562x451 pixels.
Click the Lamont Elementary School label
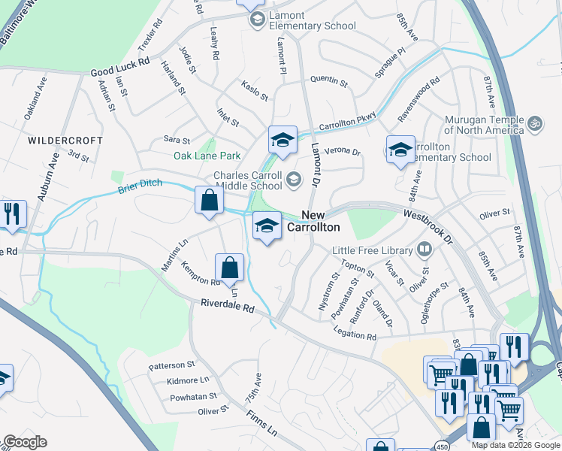click(309, 21)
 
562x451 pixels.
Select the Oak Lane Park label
click(207, 156)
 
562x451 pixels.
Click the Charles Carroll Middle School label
click(248, 182)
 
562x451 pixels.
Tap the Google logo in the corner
click(25, 442)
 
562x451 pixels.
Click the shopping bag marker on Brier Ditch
click(210, 201)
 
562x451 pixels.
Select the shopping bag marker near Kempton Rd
click(229, 268)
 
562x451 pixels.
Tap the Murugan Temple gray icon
click(535, 122)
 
